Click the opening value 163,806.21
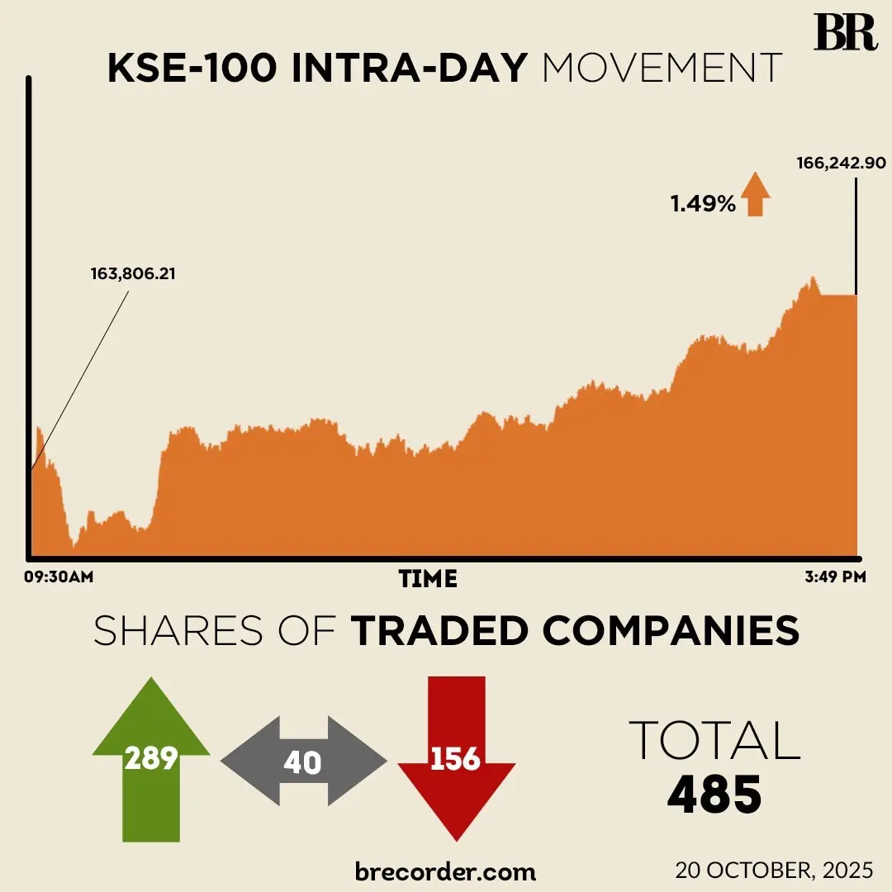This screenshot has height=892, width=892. click(x=133, y=273)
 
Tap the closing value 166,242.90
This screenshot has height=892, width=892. click(x=841, y=163)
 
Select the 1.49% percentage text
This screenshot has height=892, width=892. click(x=702, y=203)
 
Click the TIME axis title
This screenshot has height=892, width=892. click(x=428, y=578)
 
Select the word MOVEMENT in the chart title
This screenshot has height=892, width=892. click(x=662, y=69)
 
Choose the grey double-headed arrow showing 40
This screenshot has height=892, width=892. click(x=303, y=761)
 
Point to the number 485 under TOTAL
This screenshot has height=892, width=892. click(x=714, y=794)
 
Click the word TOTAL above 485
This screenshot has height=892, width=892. click(x=714, y=741)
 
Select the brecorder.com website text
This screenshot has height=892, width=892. click(x=445, y=871)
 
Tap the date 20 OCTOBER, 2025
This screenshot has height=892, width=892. click(x=773, y=871)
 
